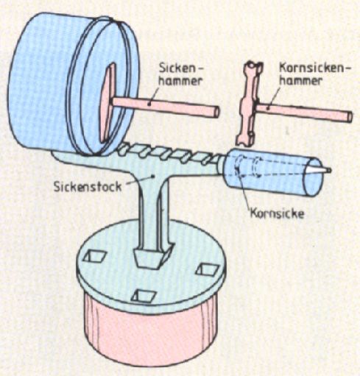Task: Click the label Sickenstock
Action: (88, 187)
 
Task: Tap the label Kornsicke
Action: (277, 213)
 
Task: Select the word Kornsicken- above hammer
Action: (314, 68)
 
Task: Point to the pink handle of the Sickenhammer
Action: (165, 106)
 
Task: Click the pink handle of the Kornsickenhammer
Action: (304, 113)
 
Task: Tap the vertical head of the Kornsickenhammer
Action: (249, 104)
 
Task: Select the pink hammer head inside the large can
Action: (107, 103)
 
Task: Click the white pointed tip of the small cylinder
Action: (318, 170)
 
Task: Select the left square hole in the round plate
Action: (95, 256)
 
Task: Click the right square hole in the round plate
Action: (208, 269)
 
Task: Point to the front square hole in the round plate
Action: (144, 296)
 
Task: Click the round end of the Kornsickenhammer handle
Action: (349, 116)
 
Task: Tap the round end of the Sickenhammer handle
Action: (216, 112)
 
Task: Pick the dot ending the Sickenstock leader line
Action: (153, 176)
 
